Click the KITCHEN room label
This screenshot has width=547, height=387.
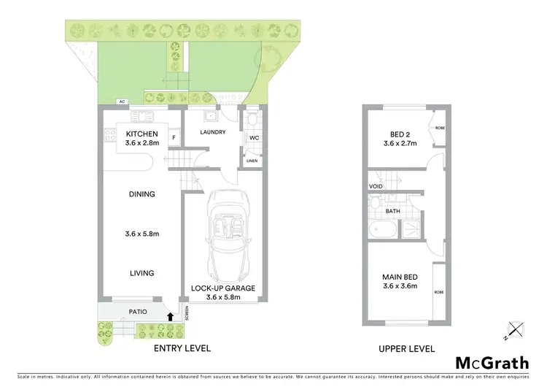[x=142, y=134]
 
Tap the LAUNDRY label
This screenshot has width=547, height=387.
[x=213, y=132]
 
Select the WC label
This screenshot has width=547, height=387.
[x=255, y=137]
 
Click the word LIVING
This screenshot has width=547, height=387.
[x=142, y=273]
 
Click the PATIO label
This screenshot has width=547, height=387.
[x=137, y=312]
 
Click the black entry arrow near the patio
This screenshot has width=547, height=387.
[x=171, y=317]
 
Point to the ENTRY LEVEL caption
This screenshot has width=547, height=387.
[x=182, y=348]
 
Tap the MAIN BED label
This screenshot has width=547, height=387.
[x=400, y=277]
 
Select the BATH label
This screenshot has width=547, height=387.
[x=393, y=212]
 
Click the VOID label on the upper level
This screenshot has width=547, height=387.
[x=376, y=187]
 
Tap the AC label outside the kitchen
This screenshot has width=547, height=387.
[x=123, y=102]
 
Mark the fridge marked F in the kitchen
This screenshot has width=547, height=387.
[x=174, y=137]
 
